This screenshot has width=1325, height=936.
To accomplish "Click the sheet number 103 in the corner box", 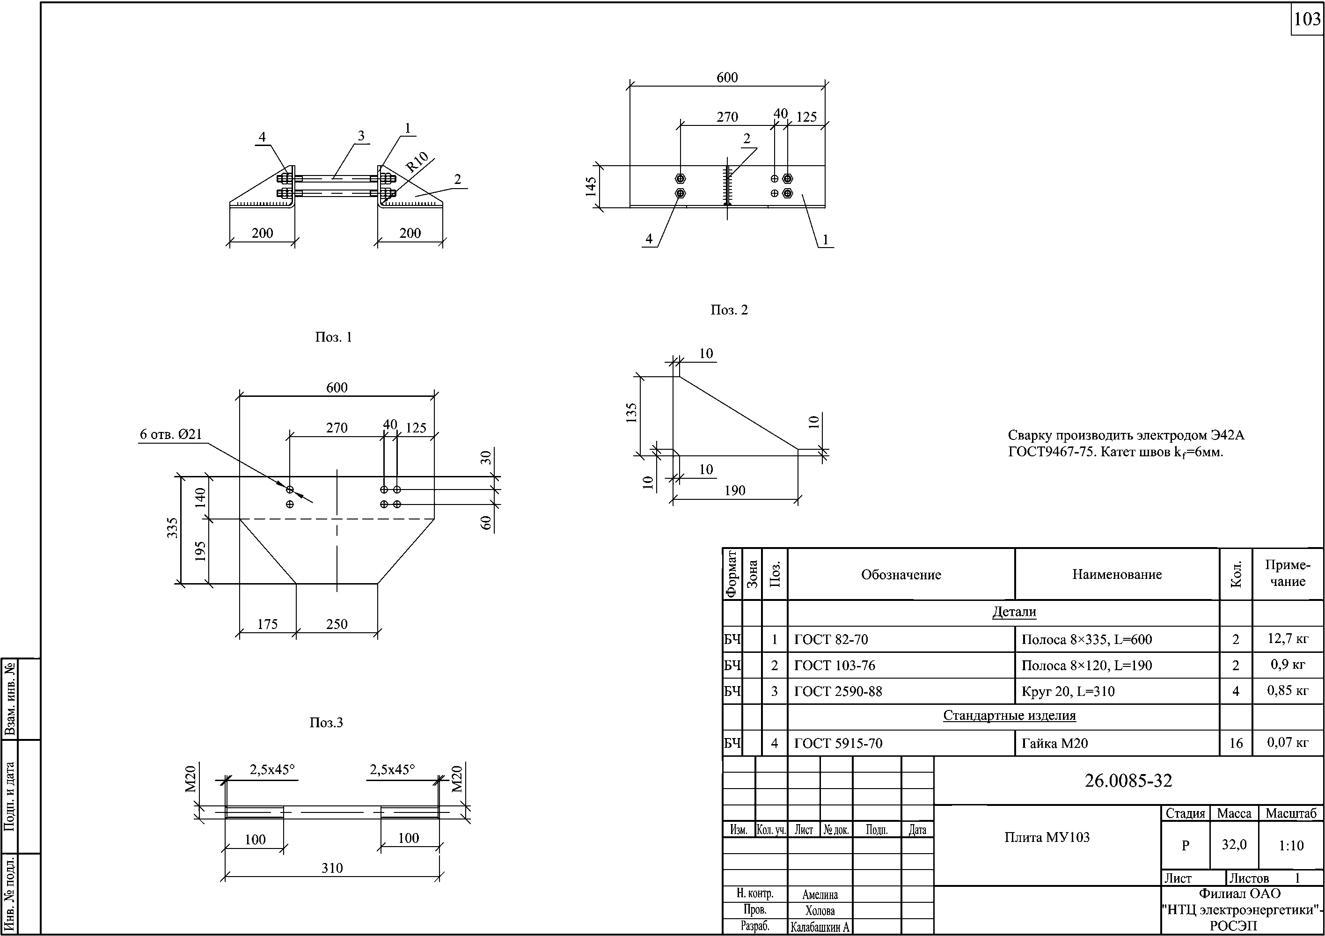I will pos(1307,20).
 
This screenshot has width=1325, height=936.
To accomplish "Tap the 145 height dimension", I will pos(592,186).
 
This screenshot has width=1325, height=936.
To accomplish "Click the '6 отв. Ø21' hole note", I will pos(171,434).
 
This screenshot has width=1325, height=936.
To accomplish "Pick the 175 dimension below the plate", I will pos(267,624).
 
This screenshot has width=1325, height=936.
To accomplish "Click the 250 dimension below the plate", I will pos(337,624).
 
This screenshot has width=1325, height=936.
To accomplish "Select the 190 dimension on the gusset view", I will pos(735,490).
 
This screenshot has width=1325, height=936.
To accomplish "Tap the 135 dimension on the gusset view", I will pos(632,414).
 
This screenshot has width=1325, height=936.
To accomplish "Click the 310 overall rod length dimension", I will pos(332,868).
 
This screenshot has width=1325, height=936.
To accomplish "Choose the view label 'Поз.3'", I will pos(326,723).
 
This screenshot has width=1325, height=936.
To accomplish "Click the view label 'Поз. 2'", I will pos(729,310).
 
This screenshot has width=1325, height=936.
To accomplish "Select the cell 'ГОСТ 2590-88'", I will pos(838,691).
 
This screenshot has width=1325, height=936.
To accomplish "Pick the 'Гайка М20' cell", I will pos(1054,743).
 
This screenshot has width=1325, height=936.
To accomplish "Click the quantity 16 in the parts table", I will pos(1236,743).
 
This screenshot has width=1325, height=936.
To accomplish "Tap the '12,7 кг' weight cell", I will pos(1288,638).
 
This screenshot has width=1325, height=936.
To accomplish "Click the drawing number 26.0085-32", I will pos(1128,781).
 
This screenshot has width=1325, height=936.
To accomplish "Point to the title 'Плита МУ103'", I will pos(1047,837).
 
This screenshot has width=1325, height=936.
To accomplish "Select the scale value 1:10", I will pos(1291,846).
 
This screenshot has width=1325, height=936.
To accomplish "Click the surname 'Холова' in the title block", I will pos(820,911).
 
